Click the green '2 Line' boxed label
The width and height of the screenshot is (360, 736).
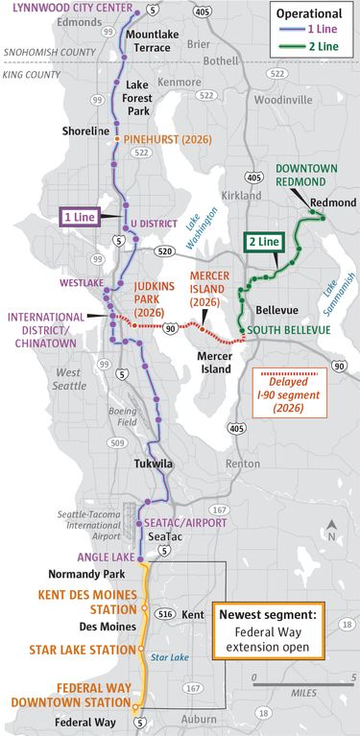pyautogui.click(x=264, y=244)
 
